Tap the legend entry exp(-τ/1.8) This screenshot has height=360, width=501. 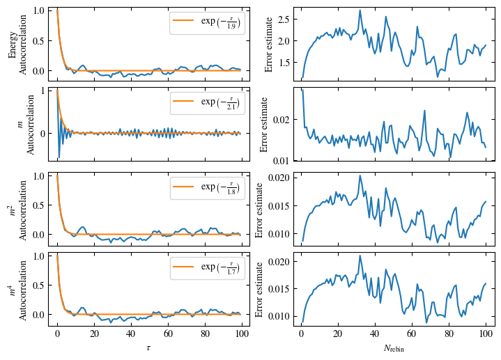[x=207, y=187]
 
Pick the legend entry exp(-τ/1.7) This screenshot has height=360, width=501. [x=207, y=268]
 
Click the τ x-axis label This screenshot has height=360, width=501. [x=148, y=346]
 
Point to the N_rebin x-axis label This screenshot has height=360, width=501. [x=393, y=347]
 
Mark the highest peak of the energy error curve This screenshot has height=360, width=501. [x=360, y=10]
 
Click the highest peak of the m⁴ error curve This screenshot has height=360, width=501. [x=360, y=256]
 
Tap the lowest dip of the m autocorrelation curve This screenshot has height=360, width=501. [x=59, y=158]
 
